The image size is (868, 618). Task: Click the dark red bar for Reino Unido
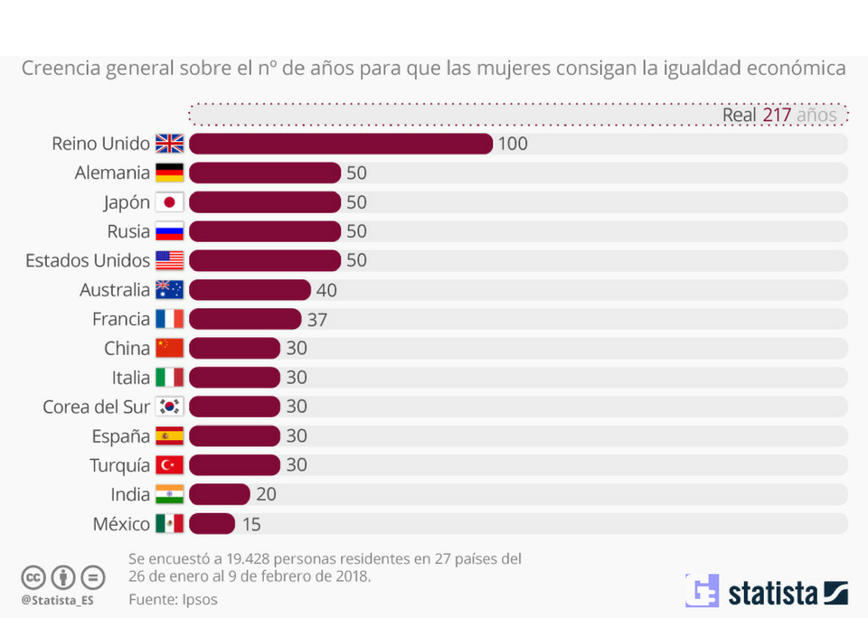tap(341, 144)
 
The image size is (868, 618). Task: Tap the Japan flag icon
tap(169, 202)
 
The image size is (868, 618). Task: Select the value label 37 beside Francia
tap(316, 319)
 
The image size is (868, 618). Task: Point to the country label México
tap(121, 524)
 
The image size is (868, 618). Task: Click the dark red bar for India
tap(219, 494)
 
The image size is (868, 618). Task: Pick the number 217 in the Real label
tap(777, 115)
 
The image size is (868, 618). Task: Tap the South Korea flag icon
tap(169, 407)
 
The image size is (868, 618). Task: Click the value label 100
tap(513, 144)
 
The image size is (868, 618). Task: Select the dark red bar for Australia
tap(250, 290)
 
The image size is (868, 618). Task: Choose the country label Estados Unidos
tap(88, 261)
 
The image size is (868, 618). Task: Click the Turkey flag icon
tap(169, 465)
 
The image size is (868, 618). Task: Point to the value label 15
tap(251, 524)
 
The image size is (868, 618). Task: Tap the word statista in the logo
tap(773, 594)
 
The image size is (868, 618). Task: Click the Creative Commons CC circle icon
tap(33, 577)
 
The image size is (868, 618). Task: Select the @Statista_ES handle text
tap(58, 599)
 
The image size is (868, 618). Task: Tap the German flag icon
tap(169, 173)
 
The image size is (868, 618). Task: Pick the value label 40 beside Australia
tap(326, 290)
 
